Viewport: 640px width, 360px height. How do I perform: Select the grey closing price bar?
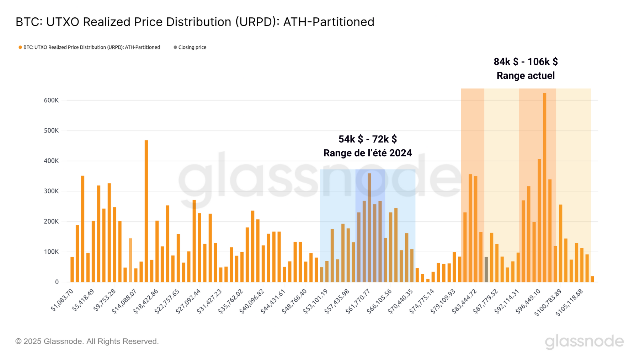(x=486, y=269)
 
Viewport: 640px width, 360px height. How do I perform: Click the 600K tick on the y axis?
(x=51, y=101)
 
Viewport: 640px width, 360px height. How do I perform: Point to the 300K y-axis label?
(x=51, y=191)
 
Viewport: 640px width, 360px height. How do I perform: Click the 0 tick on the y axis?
(x=57, y=282)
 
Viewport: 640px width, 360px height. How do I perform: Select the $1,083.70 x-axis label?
(x=62, y=300)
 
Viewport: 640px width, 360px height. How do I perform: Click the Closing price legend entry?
(x=192, y=47)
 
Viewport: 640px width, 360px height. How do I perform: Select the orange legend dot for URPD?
(x=20, y=47)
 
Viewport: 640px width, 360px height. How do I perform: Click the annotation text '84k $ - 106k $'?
(x=526, y=62)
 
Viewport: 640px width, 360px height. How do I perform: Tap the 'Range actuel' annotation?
(x=526, y=76)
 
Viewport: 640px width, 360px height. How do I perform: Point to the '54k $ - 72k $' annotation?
(x=367, y=139)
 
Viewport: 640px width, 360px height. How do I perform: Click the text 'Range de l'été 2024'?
(x=367, y=153)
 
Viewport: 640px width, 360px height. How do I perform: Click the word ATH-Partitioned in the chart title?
(x=329, y=22)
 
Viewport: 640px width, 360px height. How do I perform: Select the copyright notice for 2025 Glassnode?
(x=87, y=342)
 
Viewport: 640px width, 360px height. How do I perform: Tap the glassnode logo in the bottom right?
(x=584, y=342)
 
